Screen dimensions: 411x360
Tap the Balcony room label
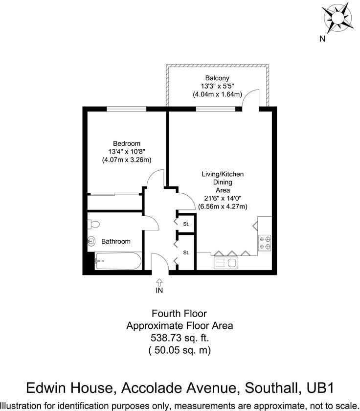(217, 78)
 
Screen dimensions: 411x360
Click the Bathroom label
(116, 241)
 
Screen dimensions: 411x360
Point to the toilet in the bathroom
(94, 225)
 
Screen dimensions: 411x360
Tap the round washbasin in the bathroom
(91, 241)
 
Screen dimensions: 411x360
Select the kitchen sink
(226, 263)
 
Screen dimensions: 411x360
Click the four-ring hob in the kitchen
(265, 243)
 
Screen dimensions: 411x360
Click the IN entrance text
(159, 290)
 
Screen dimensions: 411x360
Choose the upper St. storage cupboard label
(186, 224)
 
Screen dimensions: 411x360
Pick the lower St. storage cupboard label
(186, 252)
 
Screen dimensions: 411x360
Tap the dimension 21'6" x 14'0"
(223, 198)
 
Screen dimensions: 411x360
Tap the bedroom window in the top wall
(127, 109)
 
